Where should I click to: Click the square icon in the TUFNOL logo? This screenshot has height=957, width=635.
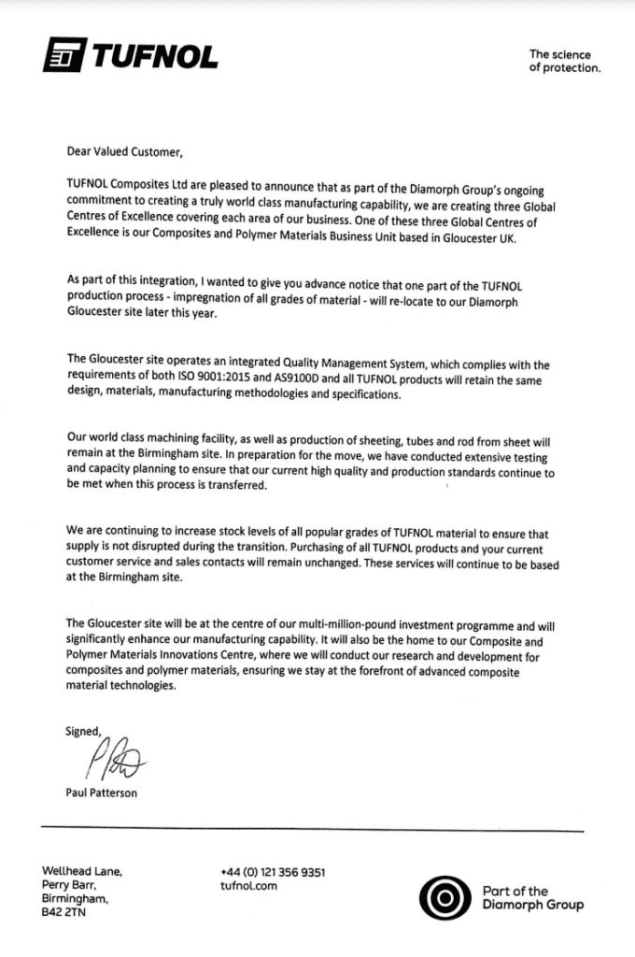(x=63, y=58)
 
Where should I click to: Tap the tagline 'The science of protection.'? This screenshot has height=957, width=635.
(x=565, y=62)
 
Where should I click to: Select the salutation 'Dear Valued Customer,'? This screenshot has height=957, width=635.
(x=120, y=150)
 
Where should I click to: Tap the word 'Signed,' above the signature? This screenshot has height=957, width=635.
(x=82, y=731)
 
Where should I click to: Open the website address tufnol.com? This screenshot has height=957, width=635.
(x=249, y=886)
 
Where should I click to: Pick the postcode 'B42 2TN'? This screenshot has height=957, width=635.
(x=69, y=913)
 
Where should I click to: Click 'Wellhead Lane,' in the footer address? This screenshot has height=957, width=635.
(x=82, y=872)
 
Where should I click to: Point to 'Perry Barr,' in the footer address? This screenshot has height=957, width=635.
(x=70, y=886)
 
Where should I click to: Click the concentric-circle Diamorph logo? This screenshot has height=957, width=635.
(x=439, y=898)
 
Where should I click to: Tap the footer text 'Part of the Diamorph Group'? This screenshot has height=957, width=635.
(x=532, y=898)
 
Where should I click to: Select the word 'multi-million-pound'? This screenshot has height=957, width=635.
(x=336, y=623)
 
